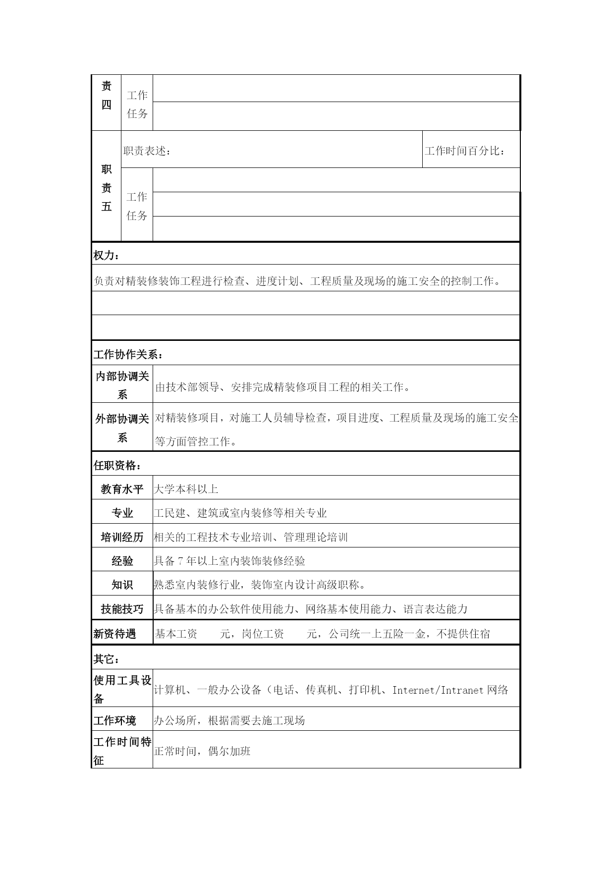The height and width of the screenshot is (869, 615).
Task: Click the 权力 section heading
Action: [x=106, y=256]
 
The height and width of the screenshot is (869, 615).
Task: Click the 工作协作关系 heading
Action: [x=128, y=355]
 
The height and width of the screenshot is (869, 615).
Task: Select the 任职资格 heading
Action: [x=117, y=466]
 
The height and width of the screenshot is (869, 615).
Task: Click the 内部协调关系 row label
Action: [x=122, y=385]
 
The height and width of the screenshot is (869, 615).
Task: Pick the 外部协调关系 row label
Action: [x=122, y=428]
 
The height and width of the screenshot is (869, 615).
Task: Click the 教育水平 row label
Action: [x=122, y=489]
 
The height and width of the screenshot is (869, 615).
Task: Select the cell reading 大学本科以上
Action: [x=186, y=489]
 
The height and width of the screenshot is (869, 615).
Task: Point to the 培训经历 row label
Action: [x=122, y=538]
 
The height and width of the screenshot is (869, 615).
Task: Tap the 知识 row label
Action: [x=122, y=585]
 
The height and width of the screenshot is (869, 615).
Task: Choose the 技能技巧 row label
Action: [x=122, y=609]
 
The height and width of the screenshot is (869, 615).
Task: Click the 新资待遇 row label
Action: [x=114, y=634]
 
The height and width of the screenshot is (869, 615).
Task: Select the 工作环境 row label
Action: [x=114, y=720]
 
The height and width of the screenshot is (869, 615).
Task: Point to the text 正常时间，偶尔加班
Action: [x=202, y=751]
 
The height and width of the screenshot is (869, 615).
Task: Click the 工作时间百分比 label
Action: [x=465, y=151]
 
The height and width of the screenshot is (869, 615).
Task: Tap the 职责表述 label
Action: [x=147, y=151]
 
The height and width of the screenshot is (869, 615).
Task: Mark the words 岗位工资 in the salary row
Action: [x=263, y=634]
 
